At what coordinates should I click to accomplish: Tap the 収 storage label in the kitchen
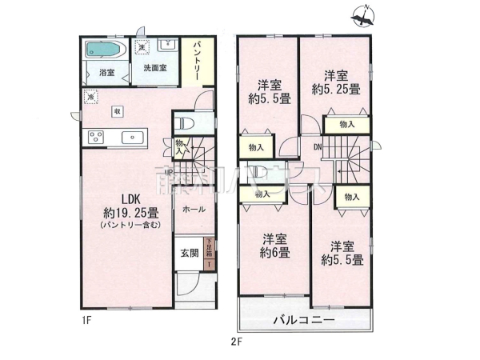(x=117, y=111)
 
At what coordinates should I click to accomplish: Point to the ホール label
(x=194, y=210)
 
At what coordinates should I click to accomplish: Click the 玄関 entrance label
(x=188, y=254)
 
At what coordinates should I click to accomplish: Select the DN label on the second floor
(x=317, y=146)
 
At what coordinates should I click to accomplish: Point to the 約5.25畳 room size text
(x=335, y=89)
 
